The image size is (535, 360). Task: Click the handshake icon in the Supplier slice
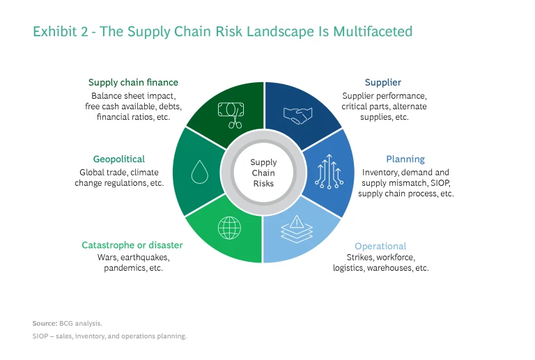pyautogui.click(x=297, y=116)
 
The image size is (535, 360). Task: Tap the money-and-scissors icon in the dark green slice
pyautogui.click(x=231, y=115)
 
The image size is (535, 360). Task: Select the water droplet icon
pyautogui.click(x=200, y=172)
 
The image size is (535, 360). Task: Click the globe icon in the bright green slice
pyautogui.click(x=229, y=228)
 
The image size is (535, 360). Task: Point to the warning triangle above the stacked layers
pyautogui.click(x=297, y=221)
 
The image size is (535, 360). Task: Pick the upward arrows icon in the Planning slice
pyautogui.click(x=329, y=171)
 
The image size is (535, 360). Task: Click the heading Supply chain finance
pyautogui.click(x=133, y=82)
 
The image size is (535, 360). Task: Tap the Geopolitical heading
pyautogui.click(x=118, y=159)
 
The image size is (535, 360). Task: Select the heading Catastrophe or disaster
pyautogui.click(x=132, y=245)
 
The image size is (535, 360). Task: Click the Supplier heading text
pyautogui.click(x=383, y=82)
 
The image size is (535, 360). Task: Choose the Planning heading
pyautogui.click(x=405, y=159)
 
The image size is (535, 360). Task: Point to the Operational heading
pyautogui.click(x=380, y=246)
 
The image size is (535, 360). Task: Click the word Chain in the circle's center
pyautogui.click(x=263, y=173)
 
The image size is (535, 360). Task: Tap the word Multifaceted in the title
pyautogui.click(x=373, y=31)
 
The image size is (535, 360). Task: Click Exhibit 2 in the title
pyautogui.click(x=60, y=31)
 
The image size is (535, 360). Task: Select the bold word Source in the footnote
pyautogui.click(x=45, y=323)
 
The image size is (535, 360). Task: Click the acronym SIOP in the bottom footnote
pyautogui.click(x=40, y=336)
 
